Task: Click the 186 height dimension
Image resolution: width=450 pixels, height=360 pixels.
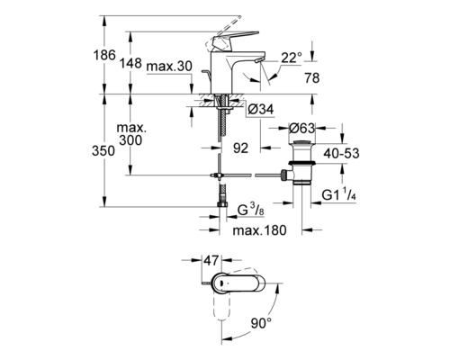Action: coord(104,55)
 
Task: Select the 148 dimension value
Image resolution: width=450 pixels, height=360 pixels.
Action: coord(130,63)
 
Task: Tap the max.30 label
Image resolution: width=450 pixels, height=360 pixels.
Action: coord(169,67)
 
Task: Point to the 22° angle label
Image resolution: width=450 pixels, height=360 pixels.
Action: coord(292,58)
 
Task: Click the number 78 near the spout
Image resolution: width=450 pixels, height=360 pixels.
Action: coord(312,78)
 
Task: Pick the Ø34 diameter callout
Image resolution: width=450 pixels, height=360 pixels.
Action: coord(261,110)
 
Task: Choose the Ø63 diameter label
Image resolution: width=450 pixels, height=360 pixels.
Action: coord(301,129)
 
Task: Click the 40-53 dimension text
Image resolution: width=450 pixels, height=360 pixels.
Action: coord(341,153)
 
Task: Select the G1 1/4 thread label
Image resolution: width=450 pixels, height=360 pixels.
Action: coord(339,194)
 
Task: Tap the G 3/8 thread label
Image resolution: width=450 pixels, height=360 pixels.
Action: coord(251,210)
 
